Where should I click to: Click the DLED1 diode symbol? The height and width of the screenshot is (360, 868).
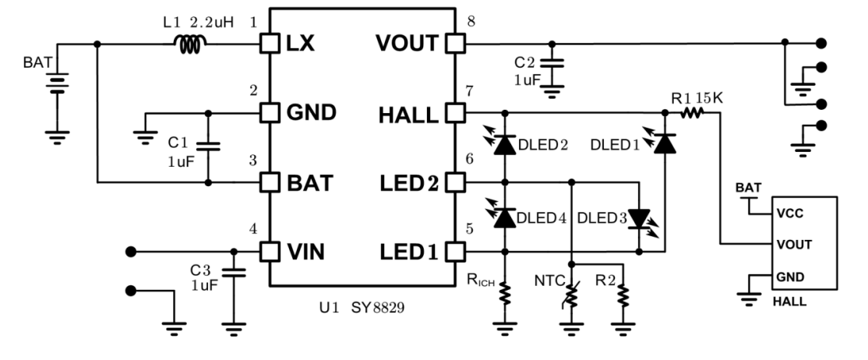665,144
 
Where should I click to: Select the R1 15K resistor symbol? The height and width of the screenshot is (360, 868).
692,114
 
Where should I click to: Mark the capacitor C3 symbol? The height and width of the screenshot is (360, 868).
231,274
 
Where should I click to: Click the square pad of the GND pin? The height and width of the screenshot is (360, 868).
269,114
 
